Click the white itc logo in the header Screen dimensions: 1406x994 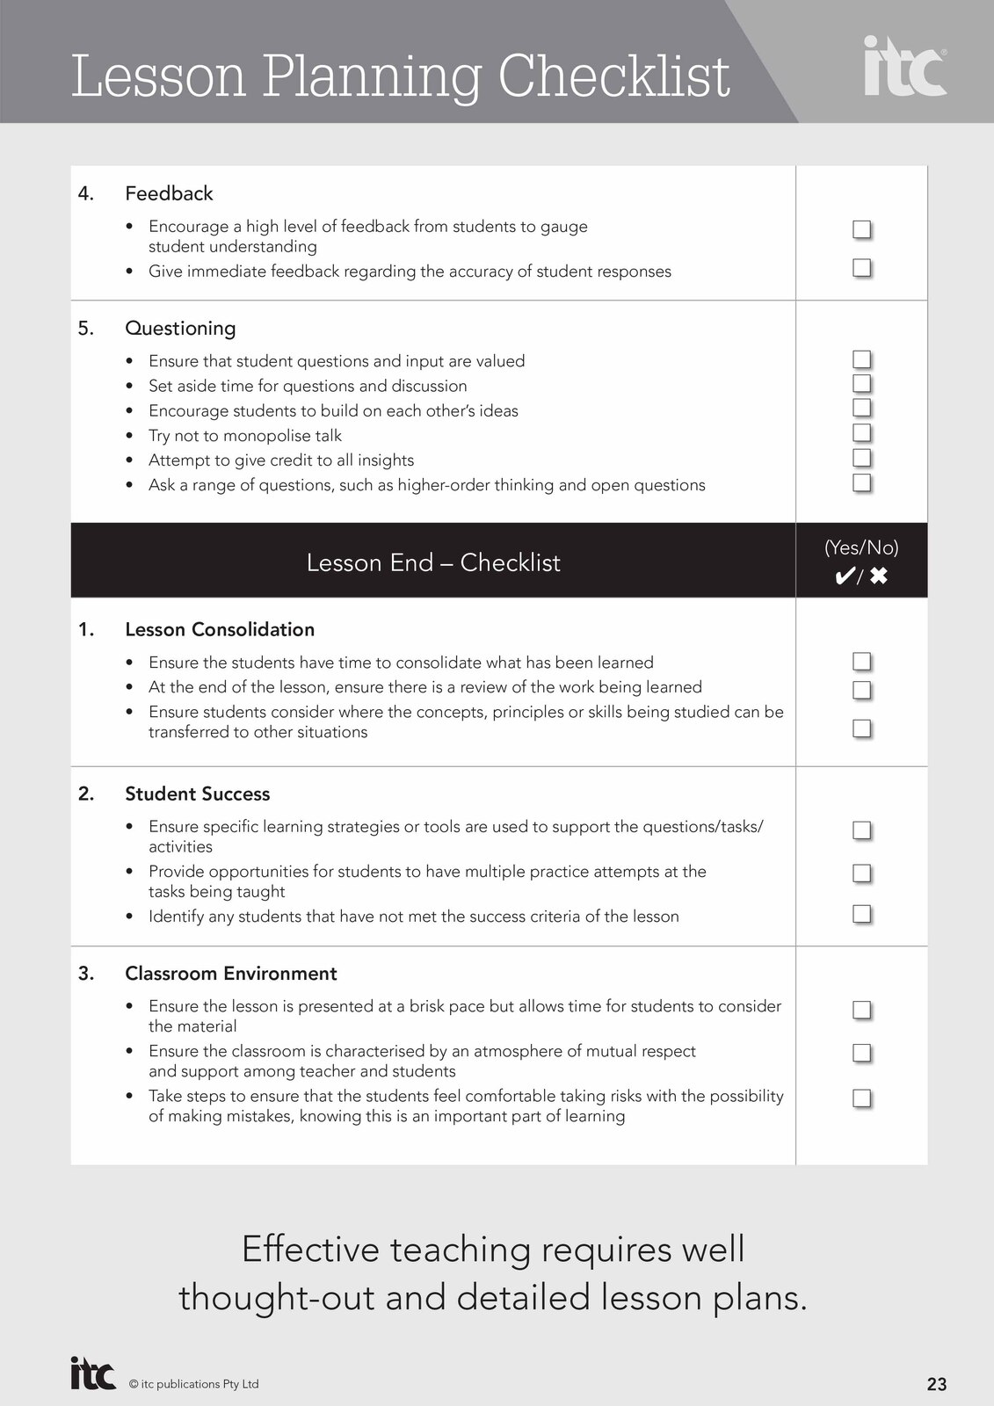(904, 68)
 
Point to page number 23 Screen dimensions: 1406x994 (937, 1384)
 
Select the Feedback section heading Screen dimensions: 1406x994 (169, 193)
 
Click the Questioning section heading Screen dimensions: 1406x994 (180, 329)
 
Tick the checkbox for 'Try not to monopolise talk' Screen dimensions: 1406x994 (861, 433)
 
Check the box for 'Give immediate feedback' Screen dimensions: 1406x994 (861, 267)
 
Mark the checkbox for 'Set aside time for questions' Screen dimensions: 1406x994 (861, 384)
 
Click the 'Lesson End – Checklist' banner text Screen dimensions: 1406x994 (433, 562)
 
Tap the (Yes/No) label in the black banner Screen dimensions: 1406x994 (861, 547)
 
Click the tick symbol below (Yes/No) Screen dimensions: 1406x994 (844, 576)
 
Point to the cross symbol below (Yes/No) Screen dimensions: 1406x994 (878, 576)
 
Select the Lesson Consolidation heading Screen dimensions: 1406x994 (220, 630)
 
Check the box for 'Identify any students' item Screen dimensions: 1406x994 (861, 914)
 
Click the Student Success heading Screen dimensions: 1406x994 (198, 794)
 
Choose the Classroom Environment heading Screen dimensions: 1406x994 (231, 974)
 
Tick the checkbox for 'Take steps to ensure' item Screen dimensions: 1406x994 (861, 1098)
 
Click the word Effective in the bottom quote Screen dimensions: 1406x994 (310, 1250)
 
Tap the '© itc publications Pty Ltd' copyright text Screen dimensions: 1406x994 (194, 1384)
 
